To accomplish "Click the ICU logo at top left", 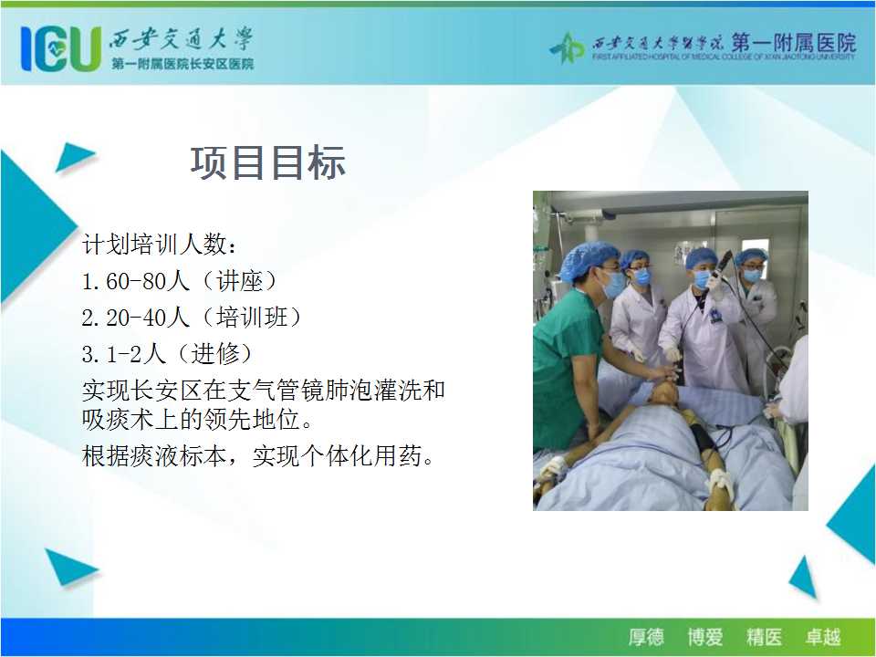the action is point(61,48).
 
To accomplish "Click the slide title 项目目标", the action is point(268,163).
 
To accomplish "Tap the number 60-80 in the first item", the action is point(135,281).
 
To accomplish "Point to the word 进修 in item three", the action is point(215,354).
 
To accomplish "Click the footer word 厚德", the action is point(646,637).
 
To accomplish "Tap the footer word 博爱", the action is point(705,637).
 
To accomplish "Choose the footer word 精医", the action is point(764,637).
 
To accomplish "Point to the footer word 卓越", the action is point(823,637).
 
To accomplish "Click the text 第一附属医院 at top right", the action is point(794,43).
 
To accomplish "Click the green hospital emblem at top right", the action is point(567,47).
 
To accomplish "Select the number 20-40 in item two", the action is point(135,318).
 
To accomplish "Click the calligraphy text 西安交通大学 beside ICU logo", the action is point(181,39).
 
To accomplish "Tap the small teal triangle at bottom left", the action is point(70,567).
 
